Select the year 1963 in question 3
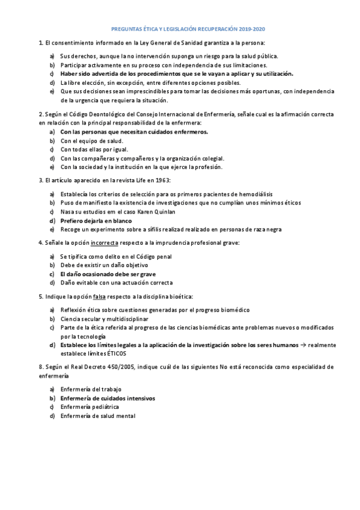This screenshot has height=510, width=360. point(163,180)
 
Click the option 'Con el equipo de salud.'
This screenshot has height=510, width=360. point(91,140)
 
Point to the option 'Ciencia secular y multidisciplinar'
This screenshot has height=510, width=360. point(104,318)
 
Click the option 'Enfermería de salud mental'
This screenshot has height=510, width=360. point(98,416)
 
